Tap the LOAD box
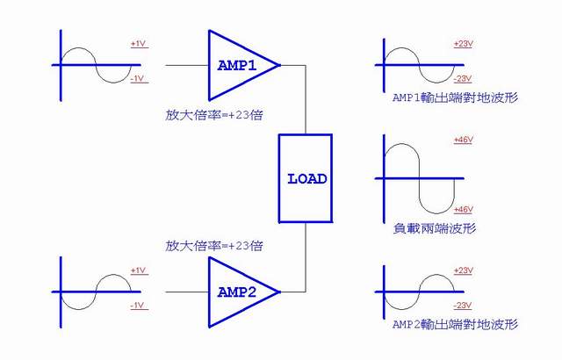pos(306,178)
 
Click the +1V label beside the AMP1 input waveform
pos(139,43)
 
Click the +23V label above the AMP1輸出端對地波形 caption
pos(463,44)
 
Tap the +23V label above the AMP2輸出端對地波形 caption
pos(463,270)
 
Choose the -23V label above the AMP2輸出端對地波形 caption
pos(462,306)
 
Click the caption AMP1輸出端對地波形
pos(454,98)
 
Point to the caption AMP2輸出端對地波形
pos(454,325)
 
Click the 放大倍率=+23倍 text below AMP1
pos(214,114)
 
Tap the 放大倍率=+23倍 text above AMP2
pos(214,246)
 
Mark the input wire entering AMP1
pos(186,65)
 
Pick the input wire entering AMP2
pos(186,292)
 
